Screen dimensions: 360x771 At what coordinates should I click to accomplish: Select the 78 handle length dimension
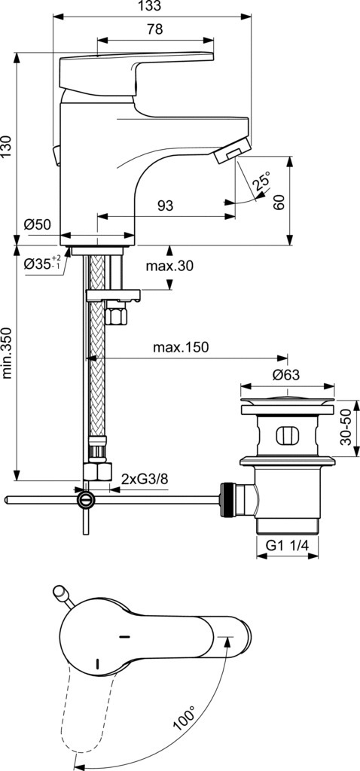155,30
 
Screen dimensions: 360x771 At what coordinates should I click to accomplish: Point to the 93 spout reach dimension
166,206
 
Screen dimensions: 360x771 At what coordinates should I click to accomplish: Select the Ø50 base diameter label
37,224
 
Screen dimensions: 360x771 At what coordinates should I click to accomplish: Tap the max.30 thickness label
169,266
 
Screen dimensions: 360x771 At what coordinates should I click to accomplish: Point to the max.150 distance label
181,347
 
